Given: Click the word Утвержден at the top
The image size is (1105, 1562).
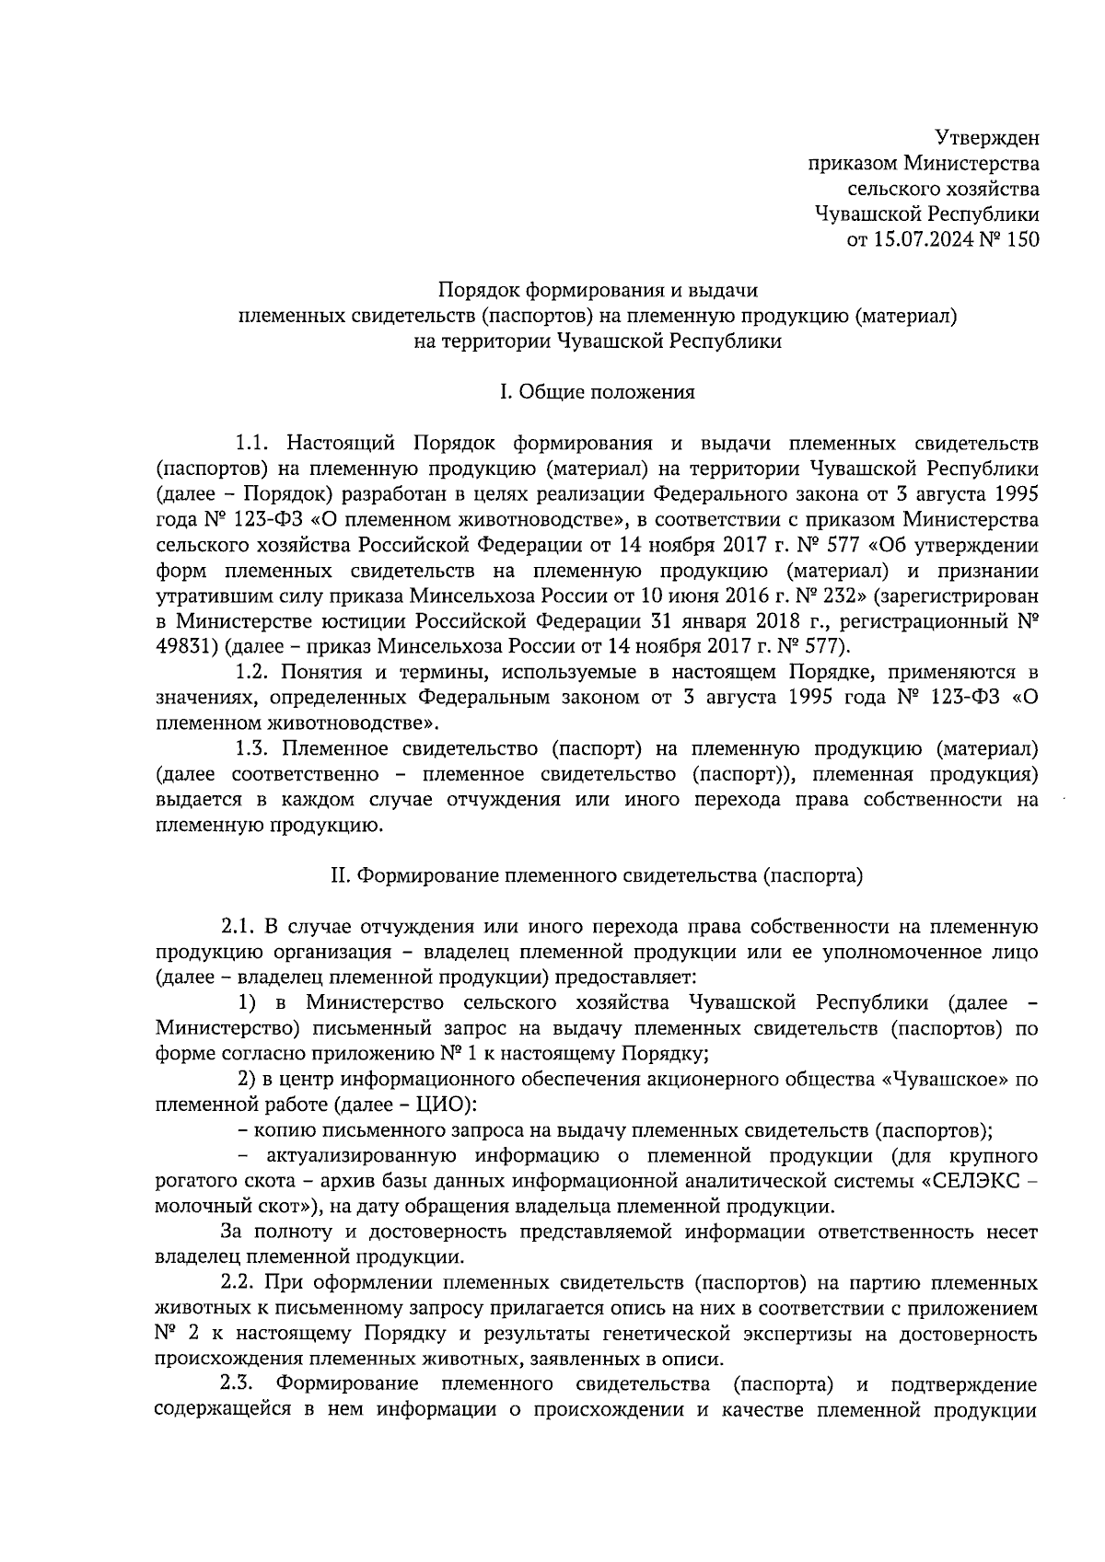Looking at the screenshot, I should pyautogui.click(x=987, y=139).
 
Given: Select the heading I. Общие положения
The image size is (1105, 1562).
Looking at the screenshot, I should pyautogui.click(x=597, y=393).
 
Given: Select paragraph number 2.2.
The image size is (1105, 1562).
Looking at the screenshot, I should pyautogui.click(x=238, y=1283).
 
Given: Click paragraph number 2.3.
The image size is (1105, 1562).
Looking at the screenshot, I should pyautogui.click(x=238, y=1384).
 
